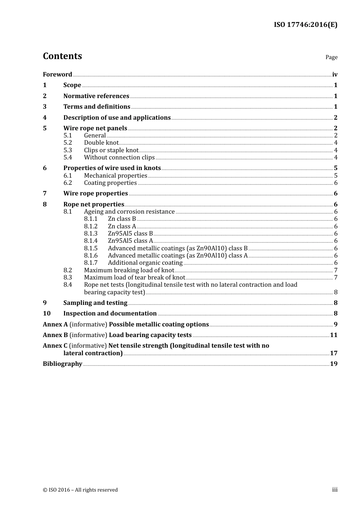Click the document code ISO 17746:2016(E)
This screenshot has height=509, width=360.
[x=305, y=25]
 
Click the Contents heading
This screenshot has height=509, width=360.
[x=62, y=56]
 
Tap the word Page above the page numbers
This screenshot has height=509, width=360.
[x=331, y=57]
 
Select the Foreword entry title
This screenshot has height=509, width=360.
[x=57, y=74]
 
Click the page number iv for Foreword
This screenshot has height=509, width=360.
[x=335, y=75]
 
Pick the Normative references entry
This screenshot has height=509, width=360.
[x=96, y=96]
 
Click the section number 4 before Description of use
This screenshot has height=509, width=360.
[x=45, y=117]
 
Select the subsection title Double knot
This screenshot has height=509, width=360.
[x=101, y=143]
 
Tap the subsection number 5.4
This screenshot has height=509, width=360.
[x=67, y=157]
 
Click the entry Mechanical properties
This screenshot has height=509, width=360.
[x=115, y=175]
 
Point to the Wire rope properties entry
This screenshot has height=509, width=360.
[x=95, y=194]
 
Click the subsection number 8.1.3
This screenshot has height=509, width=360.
[x=91, y=234]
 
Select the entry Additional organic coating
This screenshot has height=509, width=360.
[x=145, y=263]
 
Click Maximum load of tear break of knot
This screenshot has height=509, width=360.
[x=135, y=278]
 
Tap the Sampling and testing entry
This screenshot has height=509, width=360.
[x=95, y=303]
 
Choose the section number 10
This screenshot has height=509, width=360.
[x=47, y=313]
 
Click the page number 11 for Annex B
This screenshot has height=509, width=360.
[x=333, y=335]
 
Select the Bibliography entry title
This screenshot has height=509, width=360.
[x=63, y=364]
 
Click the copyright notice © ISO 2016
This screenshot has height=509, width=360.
[x=80, y=490]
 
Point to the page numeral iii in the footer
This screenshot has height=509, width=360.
[x=335, y=490]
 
